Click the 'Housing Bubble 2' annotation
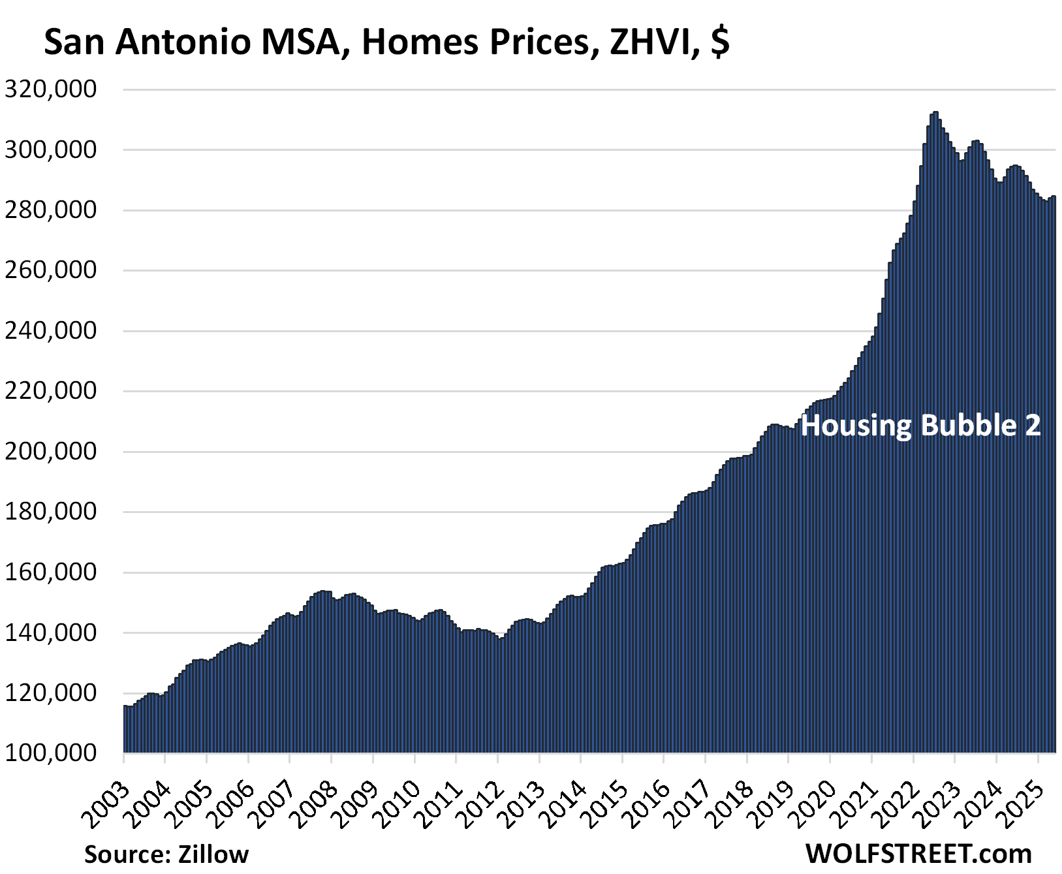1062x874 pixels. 920,426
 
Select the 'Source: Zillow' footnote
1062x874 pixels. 166,854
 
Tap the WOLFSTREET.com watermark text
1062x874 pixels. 918,854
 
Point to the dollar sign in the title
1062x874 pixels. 720,42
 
